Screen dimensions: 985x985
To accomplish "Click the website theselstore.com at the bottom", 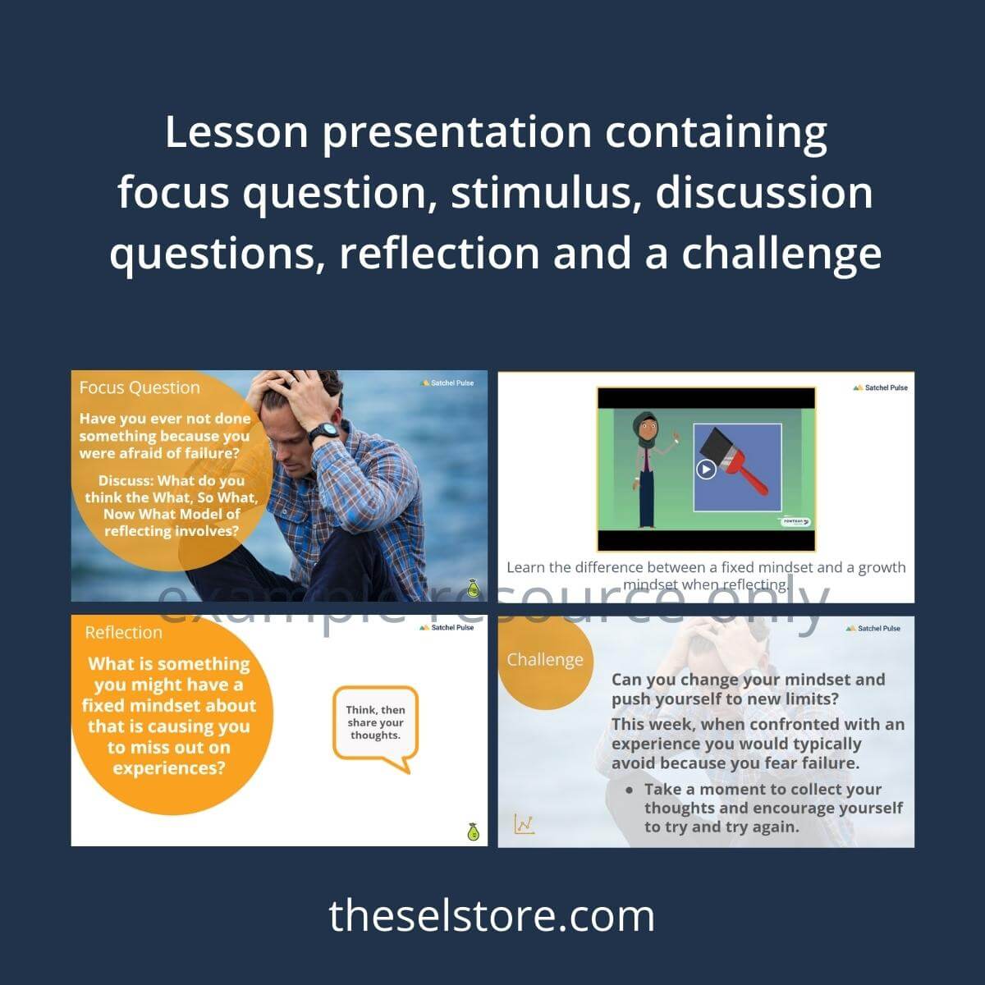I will coord(492,916).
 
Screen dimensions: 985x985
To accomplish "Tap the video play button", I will coord(705,469).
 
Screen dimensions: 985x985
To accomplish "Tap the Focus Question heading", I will coord(140,387).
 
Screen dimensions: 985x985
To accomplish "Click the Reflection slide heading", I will coord(123,632).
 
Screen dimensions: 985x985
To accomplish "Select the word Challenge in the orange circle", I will coord(545,659).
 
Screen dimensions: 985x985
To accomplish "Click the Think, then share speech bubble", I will coord(375,724).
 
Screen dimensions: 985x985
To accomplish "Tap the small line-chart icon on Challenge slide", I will coord(525,823).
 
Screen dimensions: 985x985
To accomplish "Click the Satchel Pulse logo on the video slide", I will coord(880,387).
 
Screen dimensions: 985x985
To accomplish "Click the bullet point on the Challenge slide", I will coord(629,790).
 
